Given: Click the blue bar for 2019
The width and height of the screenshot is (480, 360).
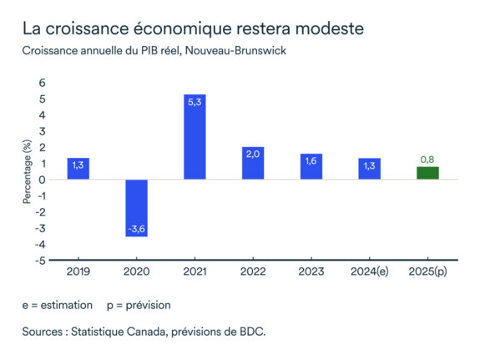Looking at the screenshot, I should (x=78, y=168).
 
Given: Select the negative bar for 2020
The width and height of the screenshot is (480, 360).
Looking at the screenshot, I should (x=137, y=208).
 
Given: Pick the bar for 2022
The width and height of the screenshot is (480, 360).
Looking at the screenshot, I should (x=253, y=163).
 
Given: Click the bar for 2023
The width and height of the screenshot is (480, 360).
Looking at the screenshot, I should (x=311, y=166).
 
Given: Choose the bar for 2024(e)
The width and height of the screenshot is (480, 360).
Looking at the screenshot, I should (x=369, y=168).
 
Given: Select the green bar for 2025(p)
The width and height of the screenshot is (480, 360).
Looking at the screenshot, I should (x=427, y=173).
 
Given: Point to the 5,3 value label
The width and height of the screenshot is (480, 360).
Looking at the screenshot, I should (x=195, y=103).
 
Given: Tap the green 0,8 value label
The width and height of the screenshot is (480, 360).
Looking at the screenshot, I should (x=427, y=159).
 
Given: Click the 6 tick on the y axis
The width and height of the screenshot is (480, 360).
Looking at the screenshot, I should (x=43, y=84).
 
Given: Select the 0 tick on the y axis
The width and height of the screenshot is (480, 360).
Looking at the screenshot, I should (x=43, y=180).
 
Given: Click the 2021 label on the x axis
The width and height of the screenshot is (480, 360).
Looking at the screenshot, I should (x=195, y=271).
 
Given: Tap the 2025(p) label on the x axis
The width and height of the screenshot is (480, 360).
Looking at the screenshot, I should (x=427, y=271).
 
